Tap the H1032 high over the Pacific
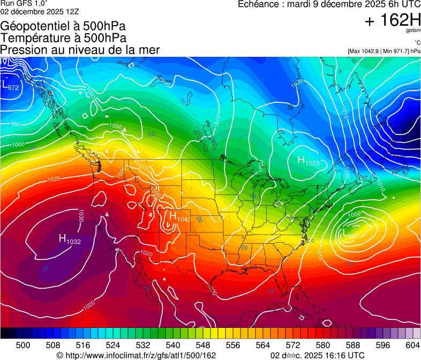pyautogui.click(x=69, y=241)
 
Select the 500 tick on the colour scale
pyautogui.click(x=22, y=345)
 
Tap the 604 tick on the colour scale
pyautogui.click(x=412, y=345)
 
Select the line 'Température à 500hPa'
pyautogui.click(x=63, y=38)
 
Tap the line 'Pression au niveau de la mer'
pyautogui.click(x=80, y=50)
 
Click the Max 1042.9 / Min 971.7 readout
pyautogui.click(x=384, y=51)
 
